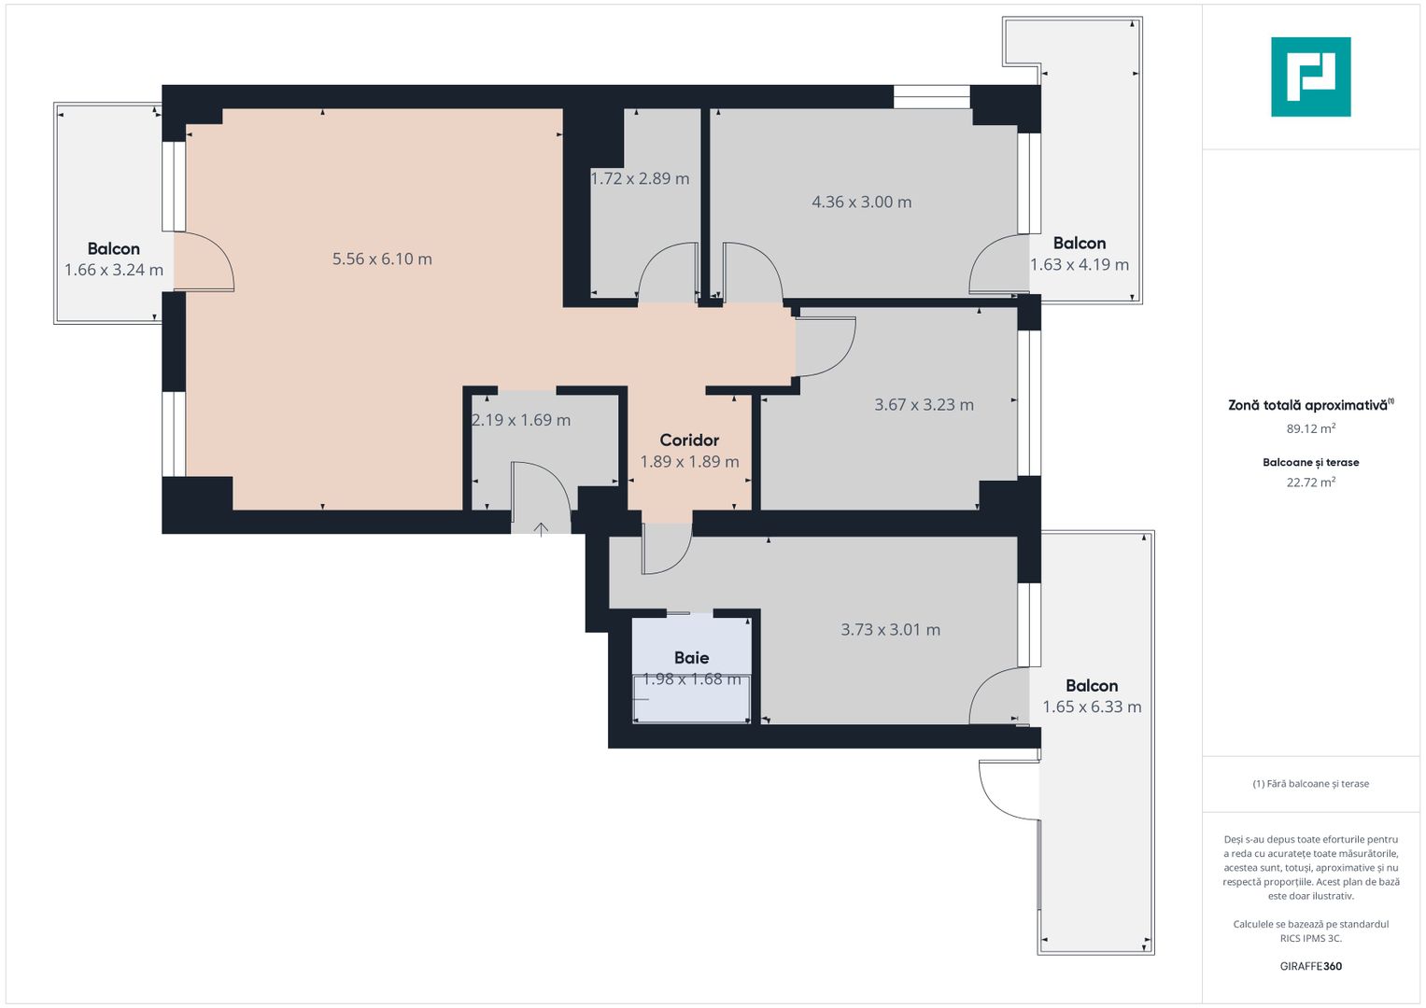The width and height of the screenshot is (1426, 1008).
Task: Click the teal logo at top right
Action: coord(1310,77)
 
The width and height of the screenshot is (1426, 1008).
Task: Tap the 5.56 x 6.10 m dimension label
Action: coord(382,259)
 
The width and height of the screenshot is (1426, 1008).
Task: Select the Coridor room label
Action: coord(689,440)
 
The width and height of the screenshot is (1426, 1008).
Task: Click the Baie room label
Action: coord(691,657)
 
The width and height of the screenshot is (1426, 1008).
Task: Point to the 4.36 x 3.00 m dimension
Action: coord(861,202)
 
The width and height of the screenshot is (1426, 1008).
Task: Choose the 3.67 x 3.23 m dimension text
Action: coord(924,404)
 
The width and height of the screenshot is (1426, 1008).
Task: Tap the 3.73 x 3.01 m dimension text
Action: coord(890,629)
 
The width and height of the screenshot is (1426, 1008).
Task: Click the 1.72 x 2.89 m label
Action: coord(640,178)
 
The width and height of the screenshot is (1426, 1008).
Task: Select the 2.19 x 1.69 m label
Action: coord(521,420)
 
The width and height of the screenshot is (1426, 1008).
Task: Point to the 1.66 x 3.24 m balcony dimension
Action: coord(114,270)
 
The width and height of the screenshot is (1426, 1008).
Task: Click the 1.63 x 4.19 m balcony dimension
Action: coord(1080,264)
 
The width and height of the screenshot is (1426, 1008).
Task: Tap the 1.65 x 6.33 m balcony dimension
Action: coord(1092,707)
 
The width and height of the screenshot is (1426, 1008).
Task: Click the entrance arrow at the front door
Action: coord(541,529)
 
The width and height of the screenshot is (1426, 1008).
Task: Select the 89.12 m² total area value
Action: coord(1310,428)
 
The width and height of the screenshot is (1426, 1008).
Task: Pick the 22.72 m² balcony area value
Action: coord(1310,482)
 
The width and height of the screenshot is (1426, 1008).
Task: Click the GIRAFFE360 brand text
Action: coord(1310,966)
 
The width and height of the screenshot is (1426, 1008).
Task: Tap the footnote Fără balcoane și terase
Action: coord(1310,783)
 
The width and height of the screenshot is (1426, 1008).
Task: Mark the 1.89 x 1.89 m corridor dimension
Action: coord(689,461)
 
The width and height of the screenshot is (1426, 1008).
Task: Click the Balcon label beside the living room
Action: coord(114,248)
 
